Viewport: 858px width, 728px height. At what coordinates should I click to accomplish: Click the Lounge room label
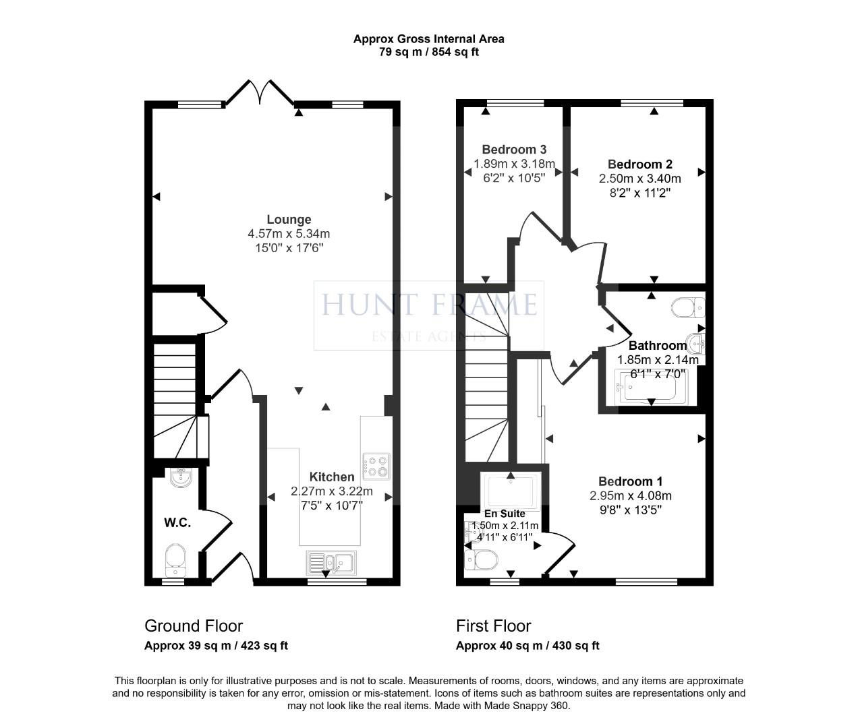point(289,219)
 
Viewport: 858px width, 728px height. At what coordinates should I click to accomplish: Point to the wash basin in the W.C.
point(181,477)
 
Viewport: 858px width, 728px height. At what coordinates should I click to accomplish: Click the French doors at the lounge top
point(260,93)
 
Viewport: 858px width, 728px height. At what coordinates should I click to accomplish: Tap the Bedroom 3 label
point(514,150)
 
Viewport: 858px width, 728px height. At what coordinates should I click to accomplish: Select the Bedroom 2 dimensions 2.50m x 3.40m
point(639,179)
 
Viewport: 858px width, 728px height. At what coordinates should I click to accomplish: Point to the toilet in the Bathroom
point(687,308)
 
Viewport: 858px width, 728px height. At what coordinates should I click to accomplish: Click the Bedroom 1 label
point(630,481)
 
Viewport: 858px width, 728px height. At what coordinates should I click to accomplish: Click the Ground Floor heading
point(194,626)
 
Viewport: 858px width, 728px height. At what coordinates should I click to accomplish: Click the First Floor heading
point(493,626)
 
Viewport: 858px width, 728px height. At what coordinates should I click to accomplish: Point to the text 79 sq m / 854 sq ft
point(428,52)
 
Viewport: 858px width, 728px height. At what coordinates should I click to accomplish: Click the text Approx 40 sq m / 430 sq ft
point(527,646)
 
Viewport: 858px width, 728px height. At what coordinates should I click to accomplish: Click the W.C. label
point(177,522)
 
